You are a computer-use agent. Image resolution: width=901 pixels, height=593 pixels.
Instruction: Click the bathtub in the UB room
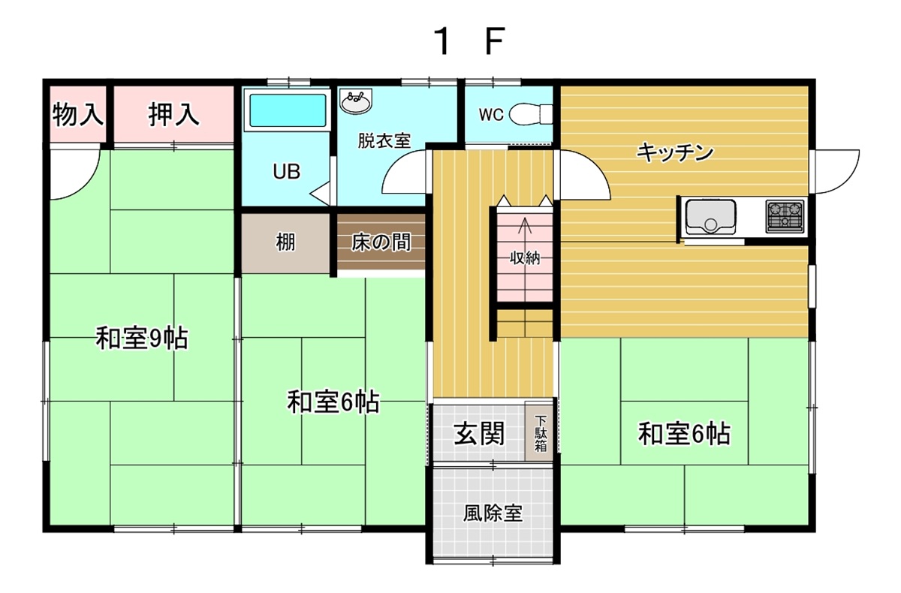pyautogui.click(x=287, y=110)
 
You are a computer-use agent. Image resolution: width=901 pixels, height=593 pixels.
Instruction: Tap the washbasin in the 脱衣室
pyautogui.click(x=356, y=102)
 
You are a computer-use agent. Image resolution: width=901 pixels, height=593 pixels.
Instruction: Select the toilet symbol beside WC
pyautogui.click(x=531, y=115)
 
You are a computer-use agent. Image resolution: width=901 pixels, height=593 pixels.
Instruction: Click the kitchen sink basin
pyautogui.click(x=711, y=217)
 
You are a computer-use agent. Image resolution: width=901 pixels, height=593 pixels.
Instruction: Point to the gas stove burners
pyautogui.click(x=785, y=217)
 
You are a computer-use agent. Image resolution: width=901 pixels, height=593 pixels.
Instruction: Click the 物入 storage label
pyautogui.click(x=77, y=115)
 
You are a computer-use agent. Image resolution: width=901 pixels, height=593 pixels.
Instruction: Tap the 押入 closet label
pyautogui.click(x=173, y=115)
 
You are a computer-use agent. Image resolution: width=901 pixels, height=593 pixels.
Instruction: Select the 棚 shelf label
pyautogui.click(x=285, y=242)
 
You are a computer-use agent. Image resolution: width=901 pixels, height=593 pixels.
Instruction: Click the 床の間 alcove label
pyautogui.click(x=381, y=242)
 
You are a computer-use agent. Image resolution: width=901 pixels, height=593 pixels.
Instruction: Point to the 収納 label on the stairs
pyautogui.click(x=525, y=258)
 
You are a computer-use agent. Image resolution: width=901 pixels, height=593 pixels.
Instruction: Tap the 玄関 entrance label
pyautogui.click(x=479, y=434)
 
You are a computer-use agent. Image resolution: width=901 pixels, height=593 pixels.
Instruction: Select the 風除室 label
pyautogui.click(x=493, y=513)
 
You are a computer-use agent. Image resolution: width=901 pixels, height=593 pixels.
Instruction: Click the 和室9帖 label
pyautogui.click(x=142, y=339)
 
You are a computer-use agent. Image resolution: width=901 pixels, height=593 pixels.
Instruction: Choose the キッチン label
pyautogui.click(x=675, y=152)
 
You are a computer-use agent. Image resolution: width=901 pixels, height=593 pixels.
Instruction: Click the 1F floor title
pyautogui.click(x=469, y=41)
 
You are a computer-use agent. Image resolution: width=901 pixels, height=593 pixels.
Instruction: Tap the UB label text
pyautogui.click(x=287, y=172)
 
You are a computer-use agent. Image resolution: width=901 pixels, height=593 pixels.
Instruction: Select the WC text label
pyautogui.click(x=491, y=115)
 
